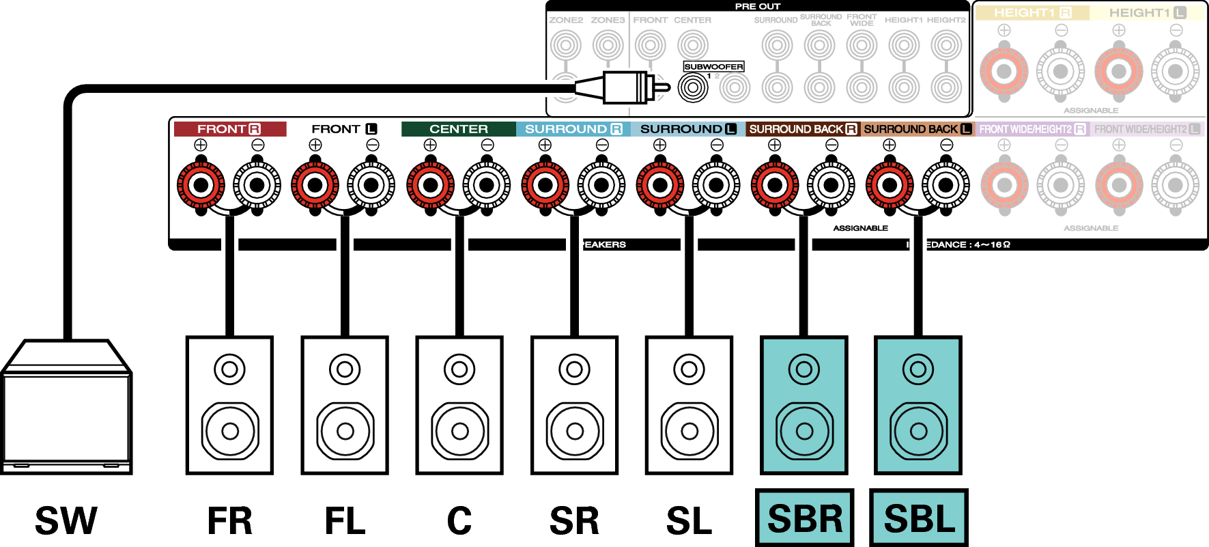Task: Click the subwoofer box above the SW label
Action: coord(66,410)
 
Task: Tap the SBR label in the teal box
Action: coord(805,518)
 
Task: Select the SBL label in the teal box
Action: coord(919,518)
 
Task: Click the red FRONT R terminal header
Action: coord(229,129)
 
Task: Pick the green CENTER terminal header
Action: coord(458,129)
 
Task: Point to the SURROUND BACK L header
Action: coord(917,129)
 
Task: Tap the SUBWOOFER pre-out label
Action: coord(713,66)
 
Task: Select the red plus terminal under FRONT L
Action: coord(315,185)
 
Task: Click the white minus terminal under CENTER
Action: coord(487,185)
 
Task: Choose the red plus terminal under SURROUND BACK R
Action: coord(775,185)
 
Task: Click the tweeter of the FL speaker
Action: coord(345,369)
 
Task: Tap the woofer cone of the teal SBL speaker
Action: coord(919,431)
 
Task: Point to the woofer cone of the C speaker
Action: coord(459,431)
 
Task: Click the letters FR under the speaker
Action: coord(230,521)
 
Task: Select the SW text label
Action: coord(66,521)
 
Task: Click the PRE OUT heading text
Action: coord(757,6)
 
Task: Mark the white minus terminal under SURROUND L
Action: coord(716,185)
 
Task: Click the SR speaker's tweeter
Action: coord(574,369)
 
